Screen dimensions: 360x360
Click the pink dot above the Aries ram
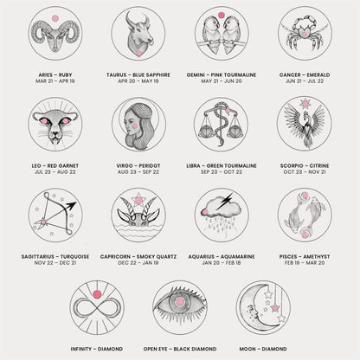(55, 18)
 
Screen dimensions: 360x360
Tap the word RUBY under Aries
(65, 75)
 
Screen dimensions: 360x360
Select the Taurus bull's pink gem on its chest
(138, 53)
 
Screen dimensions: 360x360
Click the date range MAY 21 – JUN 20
(222, 81)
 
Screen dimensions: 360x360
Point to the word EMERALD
(318, 75)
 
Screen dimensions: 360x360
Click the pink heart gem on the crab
(304, 34)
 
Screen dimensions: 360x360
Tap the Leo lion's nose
(55, 134)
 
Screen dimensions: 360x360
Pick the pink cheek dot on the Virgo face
(135, 126)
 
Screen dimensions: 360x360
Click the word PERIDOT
(150, 166)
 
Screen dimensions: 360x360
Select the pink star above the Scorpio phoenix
(305, 103)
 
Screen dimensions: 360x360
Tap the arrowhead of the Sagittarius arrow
(71, 206)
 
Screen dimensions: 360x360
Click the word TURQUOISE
(74, 257)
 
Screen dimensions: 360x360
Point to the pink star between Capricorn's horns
(138, 199)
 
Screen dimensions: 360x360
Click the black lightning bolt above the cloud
(225, 201)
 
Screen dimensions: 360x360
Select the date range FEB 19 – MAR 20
(305, 263)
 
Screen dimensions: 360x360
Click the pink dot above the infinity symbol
(97, 294)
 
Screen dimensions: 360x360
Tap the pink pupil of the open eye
(180, 302)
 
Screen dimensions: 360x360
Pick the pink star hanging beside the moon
(275, 308)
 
